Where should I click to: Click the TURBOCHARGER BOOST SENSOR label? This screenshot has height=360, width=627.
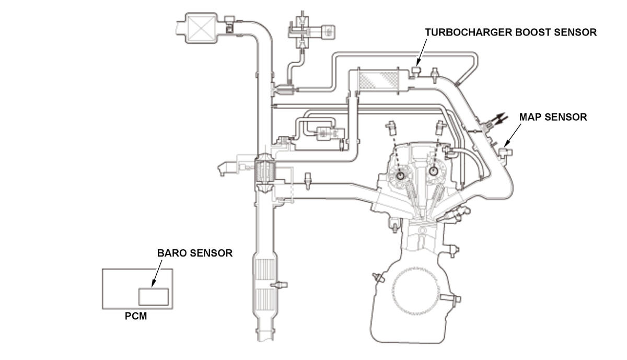point(511,32)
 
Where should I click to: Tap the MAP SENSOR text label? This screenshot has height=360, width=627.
point(553,117)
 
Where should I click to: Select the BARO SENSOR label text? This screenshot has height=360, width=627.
point(195,253)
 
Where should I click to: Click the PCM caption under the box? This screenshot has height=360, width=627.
point(136,316)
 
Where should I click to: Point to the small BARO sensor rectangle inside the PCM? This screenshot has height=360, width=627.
point(154,297)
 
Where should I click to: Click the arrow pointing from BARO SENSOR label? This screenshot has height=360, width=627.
point(157,273)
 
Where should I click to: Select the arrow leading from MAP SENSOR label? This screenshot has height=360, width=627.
point(512,135)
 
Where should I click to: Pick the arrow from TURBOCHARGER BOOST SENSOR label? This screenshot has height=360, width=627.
point(422,53)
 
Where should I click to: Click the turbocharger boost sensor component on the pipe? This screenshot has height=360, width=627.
point(416,72)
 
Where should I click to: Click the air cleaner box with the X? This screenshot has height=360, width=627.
point(201,28)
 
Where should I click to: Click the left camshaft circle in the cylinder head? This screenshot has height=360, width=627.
point(401,176)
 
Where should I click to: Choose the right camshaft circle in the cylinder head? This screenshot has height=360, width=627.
point(433,170)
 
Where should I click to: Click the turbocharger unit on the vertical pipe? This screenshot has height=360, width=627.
point(265,171)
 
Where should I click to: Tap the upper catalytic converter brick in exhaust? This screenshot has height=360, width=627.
point(265,269)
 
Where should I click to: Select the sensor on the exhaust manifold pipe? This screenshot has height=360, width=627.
point(308,181)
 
